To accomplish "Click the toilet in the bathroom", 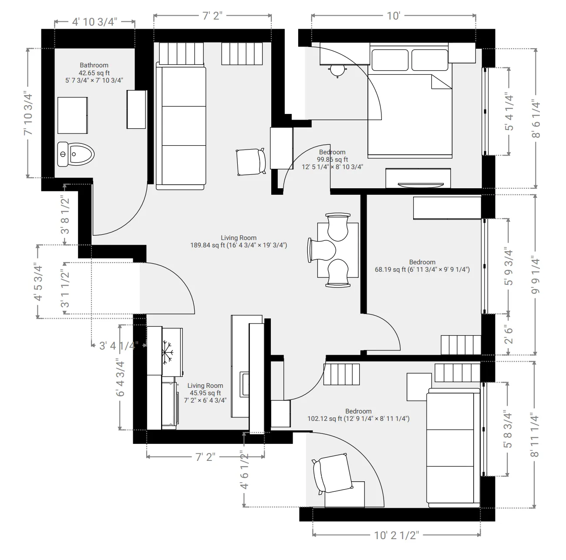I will click(x=76, y=154).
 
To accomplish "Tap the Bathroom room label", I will click(x=94, y=65).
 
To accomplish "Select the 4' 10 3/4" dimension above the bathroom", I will click(x=94, y=22).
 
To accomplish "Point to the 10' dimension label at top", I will click(x=393, y=16).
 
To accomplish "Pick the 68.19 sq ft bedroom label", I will click(x=422, y=270).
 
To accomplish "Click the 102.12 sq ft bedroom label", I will click(x=358, y=419).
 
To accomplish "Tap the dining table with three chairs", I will click(x=338, y=250).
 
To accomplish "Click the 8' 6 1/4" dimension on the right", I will click(x=535, y=119).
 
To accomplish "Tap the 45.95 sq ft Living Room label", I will click(x=205, y=393).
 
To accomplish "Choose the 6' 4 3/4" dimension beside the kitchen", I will click(x=120, y=377).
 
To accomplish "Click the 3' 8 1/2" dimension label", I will click(x=65, y=214).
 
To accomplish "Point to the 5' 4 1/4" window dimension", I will click(x=508, y=111).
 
